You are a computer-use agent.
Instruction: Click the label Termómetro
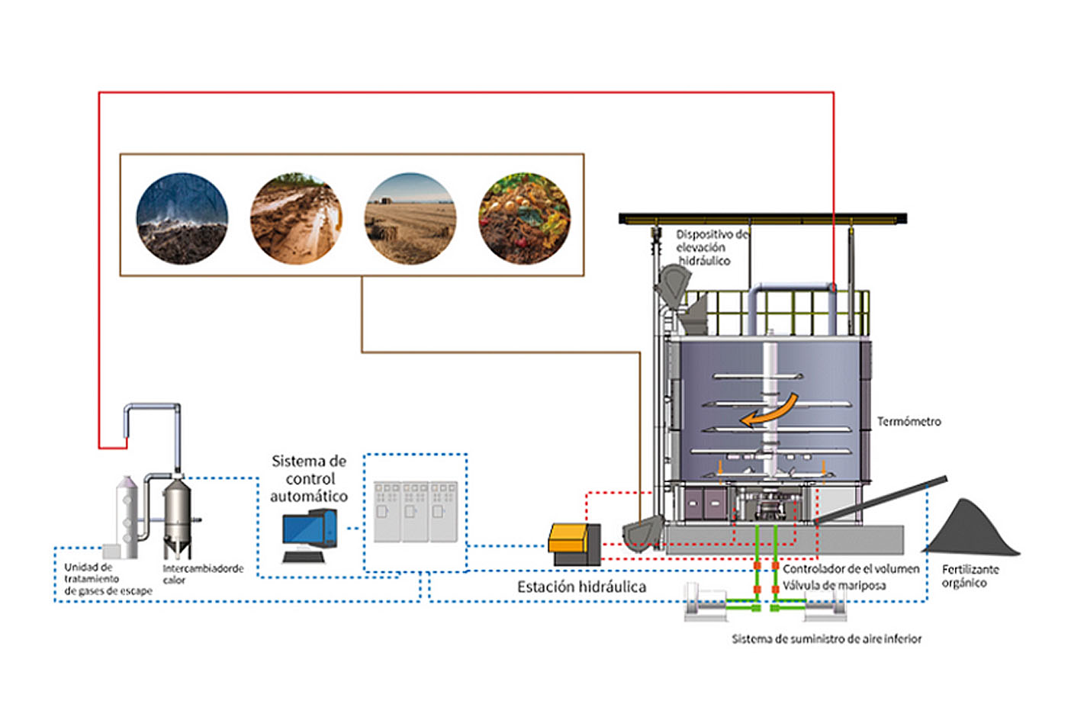[x=909, y=421]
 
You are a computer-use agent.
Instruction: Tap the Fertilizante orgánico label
[x=970, y=576]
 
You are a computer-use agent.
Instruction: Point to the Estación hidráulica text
[x=581, y=587]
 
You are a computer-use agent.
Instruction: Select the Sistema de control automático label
[x=309, y=478]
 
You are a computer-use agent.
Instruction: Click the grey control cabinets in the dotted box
[x=415, y=511]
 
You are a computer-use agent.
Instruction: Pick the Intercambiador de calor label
[x=202, y=574]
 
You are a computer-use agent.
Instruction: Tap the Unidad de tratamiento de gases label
[x=108, y=579]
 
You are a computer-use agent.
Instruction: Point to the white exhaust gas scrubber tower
[x=126, y=515]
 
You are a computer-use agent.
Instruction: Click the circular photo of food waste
[x=524, y=218]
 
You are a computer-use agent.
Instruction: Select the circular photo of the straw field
[x=410, y=218]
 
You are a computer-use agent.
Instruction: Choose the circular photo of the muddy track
[x=296, y=218]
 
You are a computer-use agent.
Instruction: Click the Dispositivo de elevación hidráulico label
[x=709, y=247]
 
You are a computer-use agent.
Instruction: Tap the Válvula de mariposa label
[x=834, y=586]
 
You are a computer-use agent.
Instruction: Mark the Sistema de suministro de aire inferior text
[x=826, y=638]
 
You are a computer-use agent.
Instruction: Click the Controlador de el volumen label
[x=851, y=568]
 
